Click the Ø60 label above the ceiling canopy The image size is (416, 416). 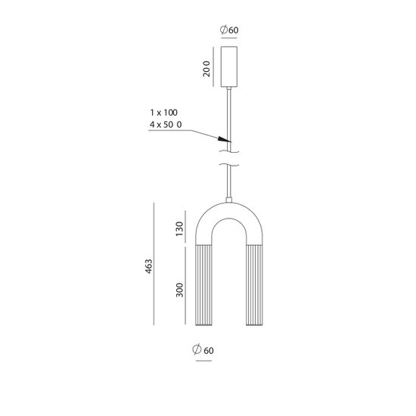[229, 30]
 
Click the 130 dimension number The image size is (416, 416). [180, 229]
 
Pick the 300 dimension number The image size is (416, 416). [180, 290]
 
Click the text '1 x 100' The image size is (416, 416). [163, 112]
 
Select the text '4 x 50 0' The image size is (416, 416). [166, 124]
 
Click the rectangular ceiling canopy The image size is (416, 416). [229, 67]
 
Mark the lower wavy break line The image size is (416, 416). [229, 165]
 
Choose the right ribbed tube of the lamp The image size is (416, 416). [253, 286]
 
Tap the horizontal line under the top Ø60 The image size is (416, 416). [229, 40]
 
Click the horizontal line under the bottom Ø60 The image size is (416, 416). [204, 362]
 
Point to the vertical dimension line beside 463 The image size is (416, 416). [154, 265]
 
